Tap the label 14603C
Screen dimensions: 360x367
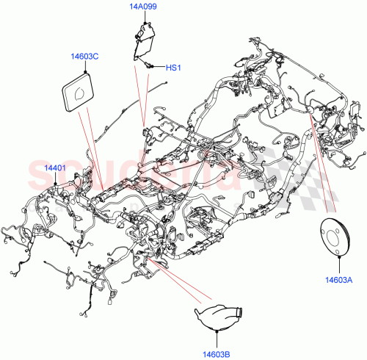click(x=87, y=56)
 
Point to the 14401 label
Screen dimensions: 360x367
click(x=55, y=168)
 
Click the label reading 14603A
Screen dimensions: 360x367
click(x=341, y=279)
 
